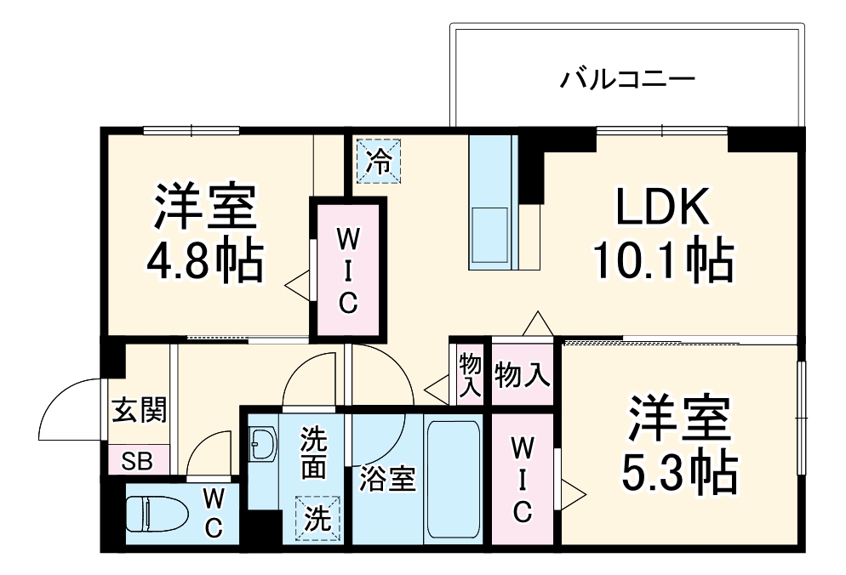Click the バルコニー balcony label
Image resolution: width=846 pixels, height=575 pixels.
coord(627,81)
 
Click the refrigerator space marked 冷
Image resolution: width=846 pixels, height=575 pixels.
coord(377,159)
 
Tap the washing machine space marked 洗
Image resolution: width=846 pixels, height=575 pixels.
coord(316,517)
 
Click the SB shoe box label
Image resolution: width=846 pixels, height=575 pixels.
coord(137,462)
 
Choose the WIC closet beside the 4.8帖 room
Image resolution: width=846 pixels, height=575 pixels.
coord(347,270)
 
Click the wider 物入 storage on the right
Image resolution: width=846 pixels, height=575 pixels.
coord(522,373)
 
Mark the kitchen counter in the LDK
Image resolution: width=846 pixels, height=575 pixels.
coord(492,202)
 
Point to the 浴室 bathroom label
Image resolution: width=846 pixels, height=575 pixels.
coord(387,480)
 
